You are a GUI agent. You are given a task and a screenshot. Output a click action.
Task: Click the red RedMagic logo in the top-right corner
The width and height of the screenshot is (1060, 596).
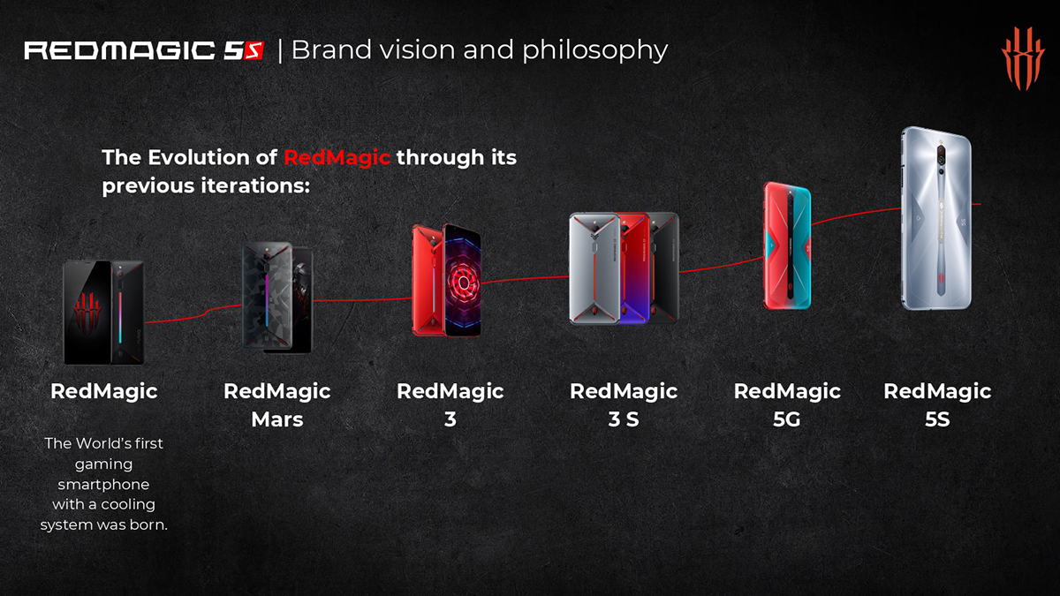coord(1023,58)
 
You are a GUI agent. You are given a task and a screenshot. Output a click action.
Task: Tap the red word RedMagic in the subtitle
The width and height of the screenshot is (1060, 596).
coord(337,157)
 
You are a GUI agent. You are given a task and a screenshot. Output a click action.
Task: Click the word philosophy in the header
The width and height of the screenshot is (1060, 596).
coord(594,50)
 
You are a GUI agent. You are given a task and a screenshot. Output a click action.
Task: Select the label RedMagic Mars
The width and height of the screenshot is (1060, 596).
coord(276,405)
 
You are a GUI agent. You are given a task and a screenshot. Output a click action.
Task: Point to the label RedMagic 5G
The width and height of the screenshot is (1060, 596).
coord(787,405)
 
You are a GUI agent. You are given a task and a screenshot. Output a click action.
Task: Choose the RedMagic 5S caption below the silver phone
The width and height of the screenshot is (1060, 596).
coord(937,405)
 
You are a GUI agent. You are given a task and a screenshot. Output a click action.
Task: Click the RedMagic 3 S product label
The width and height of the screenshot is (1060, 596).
coord(624,405)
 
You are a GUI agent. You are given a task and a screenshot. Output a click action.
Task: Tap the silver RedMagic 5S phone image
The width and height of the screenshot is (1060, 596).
coord(936,219)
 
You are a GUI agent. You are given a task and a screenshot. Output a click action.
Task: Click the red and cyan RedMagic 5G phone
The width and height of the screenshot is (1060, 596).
coord(787,245)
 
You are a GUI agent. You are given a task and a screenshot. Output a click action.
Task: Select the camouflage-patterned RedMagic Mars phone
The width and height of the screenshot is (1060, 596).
coord(267,296)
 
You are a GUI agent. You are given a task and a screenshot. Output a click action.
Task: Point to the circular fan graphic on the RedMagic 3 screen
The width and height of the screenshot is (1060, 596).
coord(463,283)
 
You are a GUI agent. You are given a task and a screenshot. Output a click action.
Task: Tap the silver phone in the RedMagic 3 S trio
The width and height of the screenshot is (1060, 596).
coord(594,268)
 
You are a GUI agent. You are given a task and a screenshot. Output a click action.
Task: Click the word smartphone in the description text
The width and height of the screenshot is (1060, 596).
coord(103,485)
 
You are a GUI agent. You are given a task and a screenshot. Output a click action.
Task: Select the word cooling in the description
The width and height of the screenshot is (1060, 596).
coord(128,504)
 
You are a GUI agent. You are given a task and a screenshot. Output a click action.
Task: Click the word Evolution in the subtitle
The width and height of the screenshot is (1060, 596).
coord(212,157)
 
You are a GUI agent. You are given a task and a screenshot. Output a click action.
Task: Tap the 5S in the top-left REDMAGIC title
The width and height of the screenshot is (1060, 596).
coord(244,51)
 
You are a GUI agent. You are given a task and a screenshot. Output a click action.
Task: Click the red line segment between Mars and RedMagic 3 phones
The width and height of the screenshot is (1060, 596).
coord(362,299)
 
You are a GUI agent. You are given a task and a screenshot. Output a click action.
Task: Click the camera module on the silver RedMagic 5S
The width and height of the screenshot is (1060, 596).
coord(942,158)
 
